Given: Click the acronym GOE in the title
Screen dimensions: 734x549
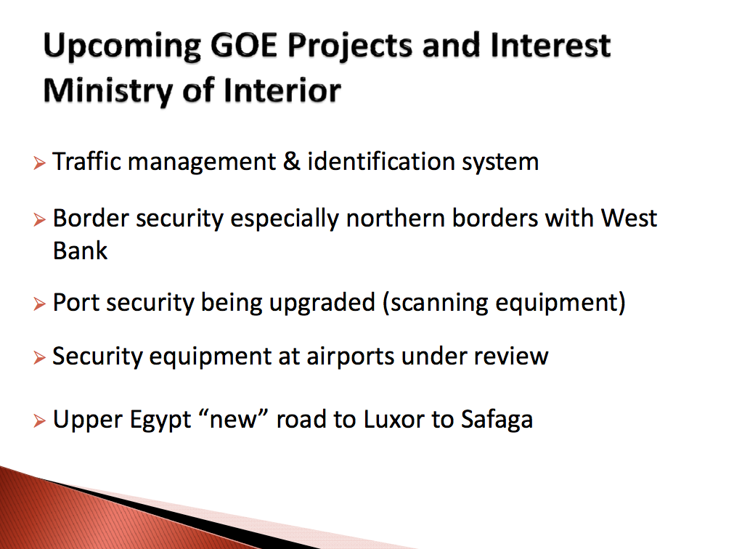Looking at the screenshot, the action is click(245, 46).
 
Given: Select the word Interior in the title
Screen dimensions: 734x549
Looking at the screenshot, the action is click(282, 90).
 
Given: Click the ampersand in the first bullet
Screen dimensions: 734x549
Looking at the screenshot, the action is click(292, 161).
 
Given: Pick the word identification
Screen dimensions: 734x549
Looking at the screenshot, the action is click(381, 161).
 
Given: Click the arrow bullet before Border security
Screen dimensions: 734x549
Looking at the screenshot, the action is click(40, 219).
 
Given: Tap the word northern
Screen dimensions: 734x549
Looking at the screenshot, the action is click(395, 218).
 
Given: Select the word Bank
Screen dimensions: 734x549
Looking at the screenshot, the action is click(80, 251).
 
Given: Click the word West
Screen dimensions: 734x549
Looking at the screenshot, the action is click(629, 218).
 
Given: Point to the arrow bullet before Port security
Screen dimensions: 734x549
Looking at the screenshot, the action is click(40, 304).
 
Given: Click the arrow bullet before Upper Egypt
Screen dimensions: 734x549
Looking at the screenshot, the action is click(40, 420).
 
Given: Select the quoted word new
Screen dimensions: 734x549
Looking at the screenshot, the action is click(234, 419).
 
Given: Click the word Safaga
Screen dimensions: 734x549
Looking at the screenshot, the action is click(497, 420).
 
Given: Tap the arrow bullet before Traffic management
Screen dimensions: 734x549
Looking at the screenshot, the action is click(40, 163).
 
